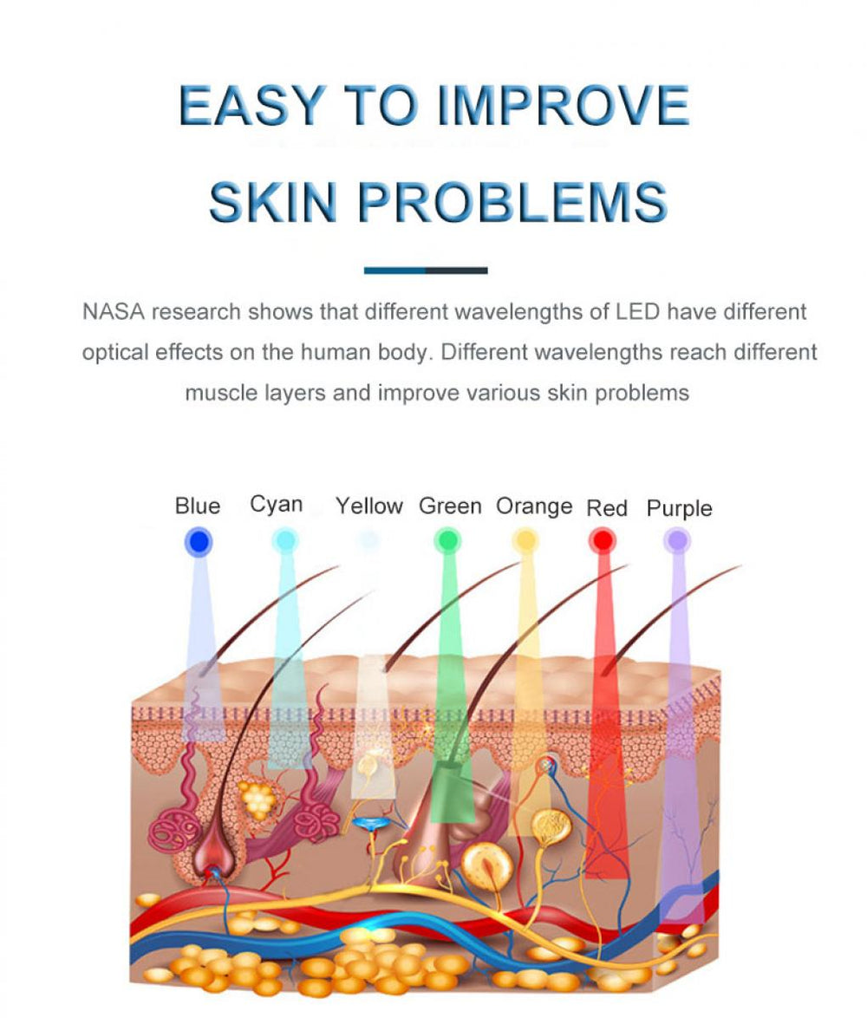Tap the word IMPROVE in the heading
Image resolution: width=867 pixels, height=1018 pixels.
point(563,105)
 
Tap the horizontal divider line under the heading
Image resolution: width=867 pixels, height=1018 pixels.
point(426,270)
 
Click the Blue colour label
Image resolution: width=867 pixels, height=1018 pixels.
point(198,506)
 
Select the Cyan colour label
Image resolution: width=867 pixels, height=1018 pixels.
point(277,505)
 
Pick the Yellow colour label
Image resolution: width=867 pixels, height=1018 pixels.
point(369,506)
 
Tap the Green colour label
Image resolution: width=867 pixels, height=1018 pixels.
point(450,506)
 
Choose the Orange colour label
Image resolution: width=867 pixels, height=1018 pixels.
point(534,506)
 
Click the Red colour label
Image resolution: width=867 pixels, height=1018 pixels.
point(607,508)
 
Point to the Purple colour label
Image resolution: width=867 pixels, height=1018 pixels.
point(680,508)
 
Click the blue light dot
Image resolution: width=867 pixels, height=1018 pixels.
point(198,541)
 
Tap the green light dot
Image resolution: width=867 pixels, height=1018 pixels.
point(447,540)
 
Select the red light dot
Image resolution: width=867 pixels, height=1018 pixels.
point(603,540)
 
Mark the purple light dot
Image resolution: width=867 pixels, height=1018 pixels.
point(677,539)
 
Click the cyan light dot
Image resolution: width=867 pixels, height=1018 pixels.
point(284,540)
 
